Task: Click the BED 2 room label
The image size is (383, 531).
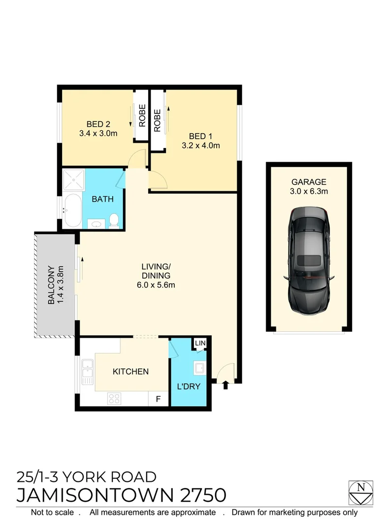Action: (97, 124)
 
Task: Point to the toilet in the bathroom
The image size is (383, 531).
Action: (114, 221)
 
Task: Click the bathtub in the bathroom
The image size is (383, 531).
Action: (72, 211)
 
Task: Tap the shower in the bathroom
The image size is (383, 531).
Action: (73, 181)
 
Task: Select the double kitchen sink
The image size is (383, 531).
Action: (88, 372)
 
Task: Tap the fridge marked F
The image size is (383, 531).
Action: (158, 399)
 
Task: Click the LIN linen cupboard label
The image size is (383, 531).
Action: (200, 343)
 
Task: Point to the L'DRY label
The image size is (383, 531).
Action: (189, 386)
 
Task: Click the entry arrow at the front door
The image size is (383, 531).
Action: (226, 385)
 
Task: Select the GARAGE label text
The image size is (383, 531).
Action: (309, 182)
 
